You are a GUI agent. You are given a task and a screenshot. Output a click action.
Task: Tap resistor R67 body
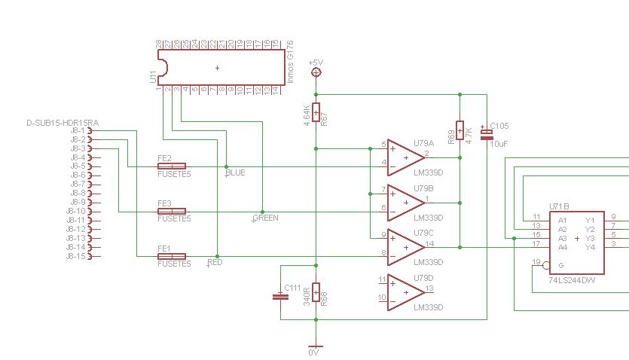pos(316,114)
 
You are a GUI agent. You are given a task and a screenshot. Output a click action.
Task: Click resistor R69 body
pos(460,131)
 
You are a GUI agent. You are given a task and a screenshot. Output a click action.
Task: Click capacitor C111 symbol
pos(280,296)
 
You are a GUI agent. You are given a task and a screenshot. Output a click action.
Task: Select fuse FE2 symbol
pos(171,166)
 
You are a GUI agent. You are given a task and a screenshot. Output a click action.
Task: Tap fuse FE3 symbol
pos(171,212)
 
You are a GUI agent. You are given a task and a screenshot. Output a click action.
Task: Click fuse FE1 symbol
pos(171,256)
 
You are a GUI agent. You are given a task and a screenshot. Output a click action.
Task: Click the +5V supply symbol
pos(316,72)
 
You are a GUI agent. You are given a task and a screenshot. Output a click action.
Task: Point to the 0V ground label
pos(315,352)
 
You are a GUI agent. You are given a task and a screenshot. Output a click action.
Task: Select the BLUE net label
pos(236,173)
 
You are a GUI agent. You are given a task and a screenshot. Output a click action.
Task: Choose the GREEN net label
pos(265,218)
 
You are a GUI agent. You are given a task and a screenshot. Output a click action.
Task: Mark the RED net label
pos(215,263)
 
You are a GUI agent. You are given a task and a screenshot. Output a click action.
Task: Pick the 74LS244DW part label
pos(573,278)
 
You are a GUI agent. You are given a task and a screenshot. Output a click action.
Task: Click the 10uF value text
pos(499,143)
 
